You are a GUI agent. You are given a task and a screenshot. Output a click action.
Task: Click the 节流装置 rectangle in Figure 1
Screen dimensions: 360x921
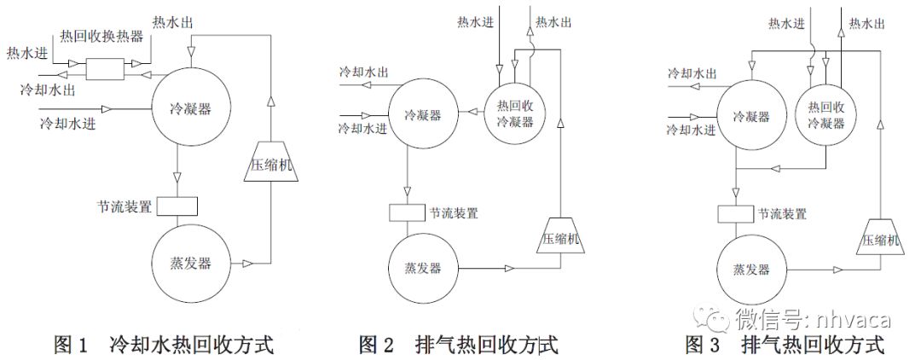[x=178, y=206]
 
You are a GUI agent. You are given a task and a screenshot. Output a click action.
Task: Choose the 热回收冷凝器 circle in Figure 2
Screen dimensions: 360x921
[x=515, y=113]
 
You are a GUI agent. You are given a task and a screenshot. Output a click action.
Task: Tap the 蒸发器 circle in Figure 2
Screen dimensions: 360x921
[x=424, y=268]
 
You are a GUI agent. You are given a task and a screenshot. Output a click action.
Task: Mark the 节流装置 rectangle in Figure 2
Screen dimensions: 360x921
[x=406, y=212]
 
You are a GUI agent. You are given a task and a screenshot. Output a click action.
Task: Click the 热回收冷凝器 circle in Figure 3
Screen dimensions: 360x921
[x=825, y=113]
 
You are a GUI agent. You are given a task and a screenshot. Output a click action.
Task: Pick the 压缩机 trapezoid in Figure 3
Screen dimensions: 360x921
[x=881, y=238]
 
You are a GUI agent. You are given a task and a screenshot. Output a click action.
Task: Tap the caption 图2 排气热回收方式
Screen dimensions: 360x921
[x=458, y=345]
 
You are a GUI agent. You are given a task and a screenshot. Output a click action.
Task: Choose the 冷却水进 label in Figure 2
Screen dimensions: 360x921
[x=362, y=128]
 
